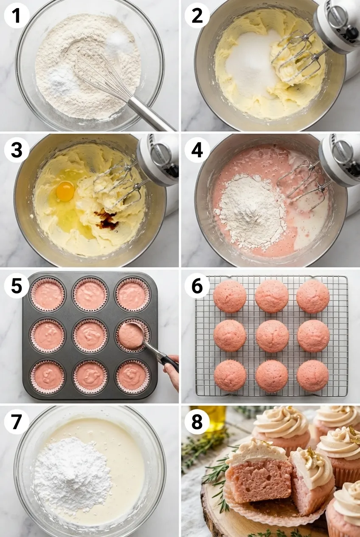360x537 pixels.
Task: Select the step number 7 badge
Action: pos(17,421)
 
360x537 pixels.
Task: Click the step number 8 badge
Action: pos(197,421)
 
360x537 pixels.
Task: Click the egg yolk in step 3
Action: pos(65,190)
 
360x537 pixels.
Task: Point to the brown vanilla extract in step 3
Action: pos(107,219)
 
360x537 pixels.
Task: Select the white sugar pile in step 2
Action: pos(250,64)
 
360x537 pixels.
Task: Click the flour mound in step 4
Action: pos(250,210)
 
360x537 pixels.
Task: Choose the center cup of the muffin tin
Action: pos(90,335)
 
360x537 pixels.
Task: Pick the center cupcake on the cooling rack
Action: pos(272,336)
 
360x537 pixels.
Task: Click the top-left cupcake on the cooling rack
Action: pos(230,296)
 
